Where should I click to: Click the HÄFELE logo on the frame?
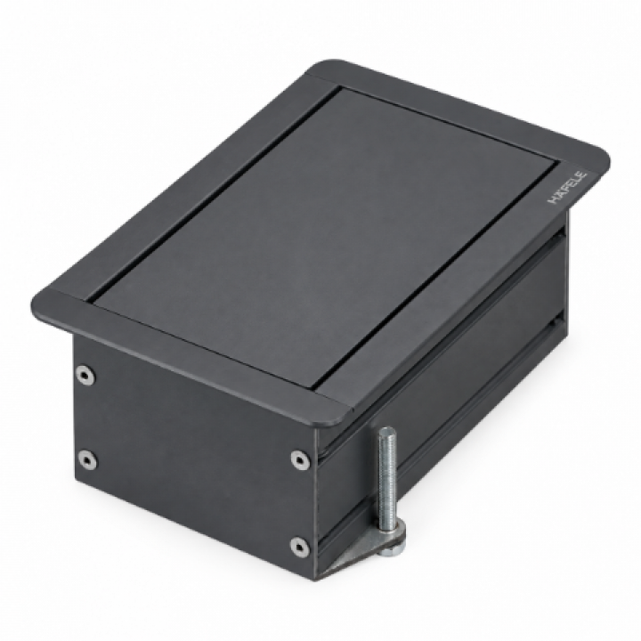[566, 187]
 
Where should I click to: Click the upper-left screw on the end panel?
[85, 375]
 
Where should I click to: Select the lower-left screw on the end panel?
[86, 459]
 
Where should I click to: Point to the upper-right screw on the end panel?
[300, 458]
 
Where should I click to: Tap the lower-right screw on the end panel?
[299, 546]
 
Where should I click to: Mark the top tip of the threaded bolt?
[387, 427]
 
